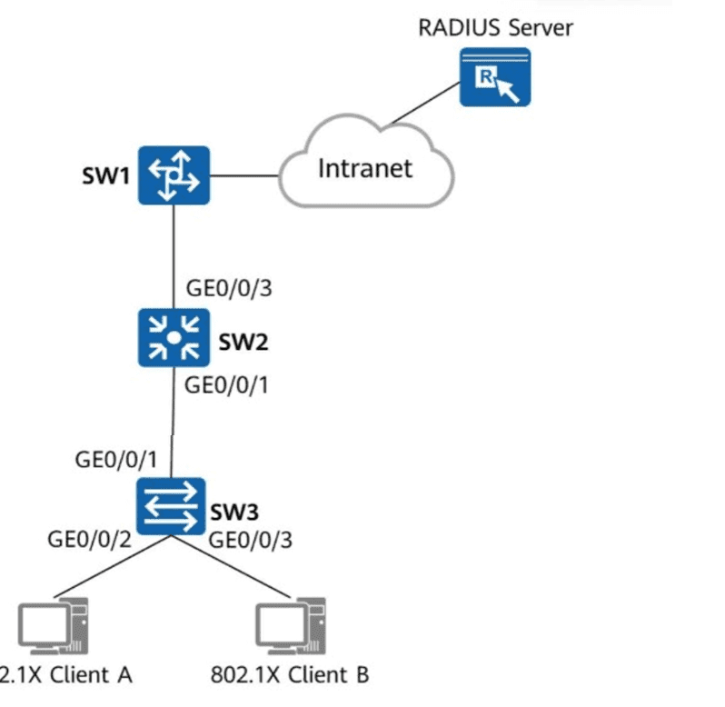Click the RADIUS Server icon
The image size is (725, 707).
tap(494, 79)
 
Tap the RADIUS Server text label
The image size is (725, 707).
tap(495, 27)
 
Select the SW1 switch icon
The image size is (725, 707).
tap(174, 174)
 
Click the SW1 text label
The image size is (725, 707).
tap(104, 175)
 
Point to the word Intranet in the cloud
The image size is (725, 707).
tap(364, 167)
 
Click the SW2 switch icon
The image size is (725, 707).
tap(174, 337)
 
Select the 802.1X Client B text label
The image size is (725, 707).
tap(289, 675)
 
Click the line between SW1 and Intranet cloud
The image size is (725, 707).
tap(243, 174)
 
